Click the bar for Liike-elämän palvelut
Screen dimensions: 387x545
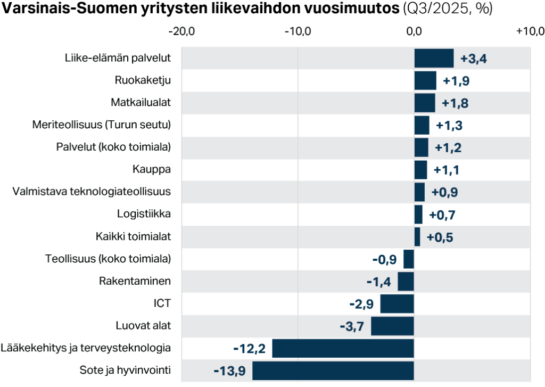(434, 58)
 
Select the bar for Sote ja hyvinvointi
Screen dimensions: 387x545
(333, 370)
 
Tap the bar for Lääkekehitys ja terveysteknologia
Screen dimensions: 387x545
(343, 348)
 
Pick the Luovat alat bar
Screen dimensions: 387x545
(392, 326)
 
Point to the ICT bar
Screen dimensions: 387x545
(397, 303)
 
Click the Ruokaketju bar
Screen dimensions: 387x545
(425, 80)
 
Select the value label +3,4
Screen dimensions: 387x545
(474, 59)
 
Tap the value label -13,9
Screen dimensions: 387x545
(229, 370)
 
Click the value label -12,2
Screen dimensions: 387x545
(249, 349)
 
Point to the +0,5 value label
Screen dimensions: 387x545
(440, 237)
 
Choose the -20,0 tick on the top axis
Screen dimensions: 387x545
(182, 31)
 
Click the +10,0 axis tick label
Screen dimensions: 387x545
(530, 31)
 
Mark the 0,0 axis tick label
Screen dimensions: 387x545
(415, 31)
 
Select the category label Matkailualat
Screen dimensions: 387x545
(141, 102)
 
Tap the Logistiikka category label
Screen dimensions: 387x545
(144, 214)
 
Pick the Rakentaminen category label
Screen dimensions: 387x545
(135, 281)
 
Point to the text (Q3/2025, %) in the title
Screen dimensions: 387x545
(448, 9)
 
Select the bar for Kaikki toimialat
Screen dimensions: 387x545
(417, 236)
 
